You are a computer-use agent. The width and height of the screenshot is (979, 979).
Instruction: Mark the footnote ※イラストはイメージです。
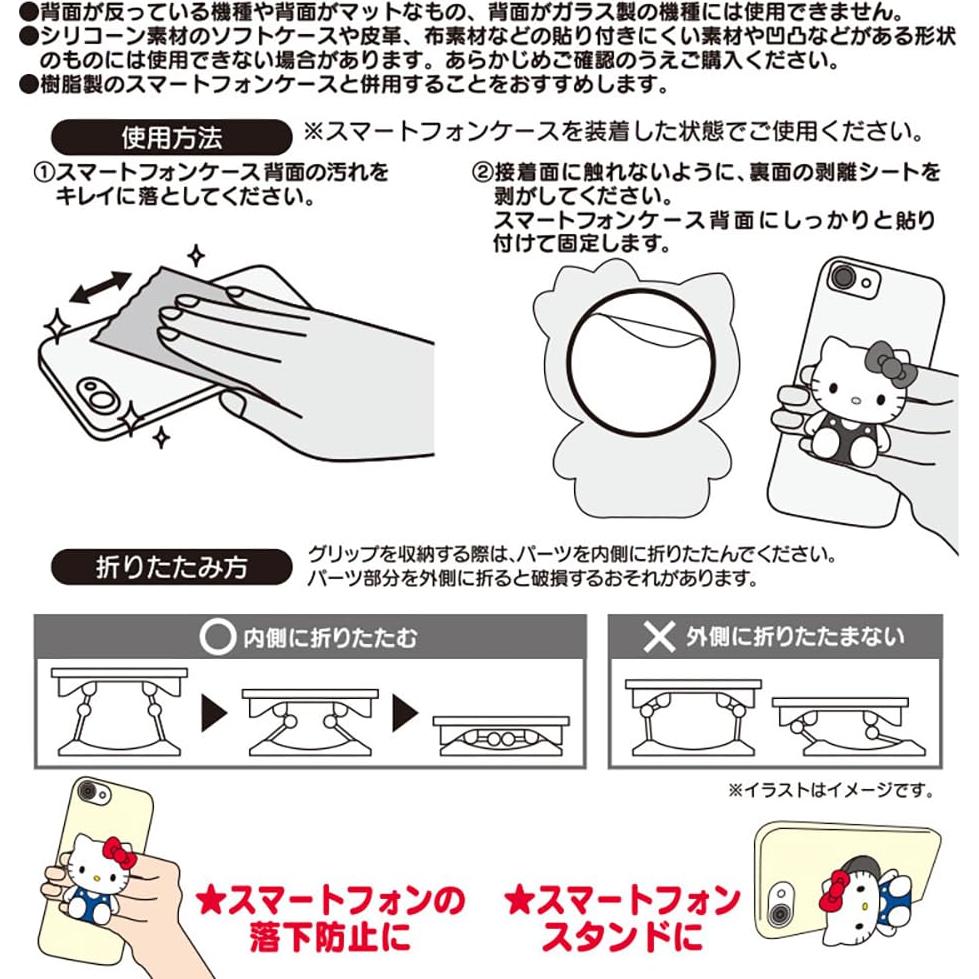(x=829, y=791)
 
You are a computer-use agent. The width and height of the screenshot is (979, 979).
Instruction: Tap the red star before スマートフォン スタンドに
(x=519, y=901)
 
